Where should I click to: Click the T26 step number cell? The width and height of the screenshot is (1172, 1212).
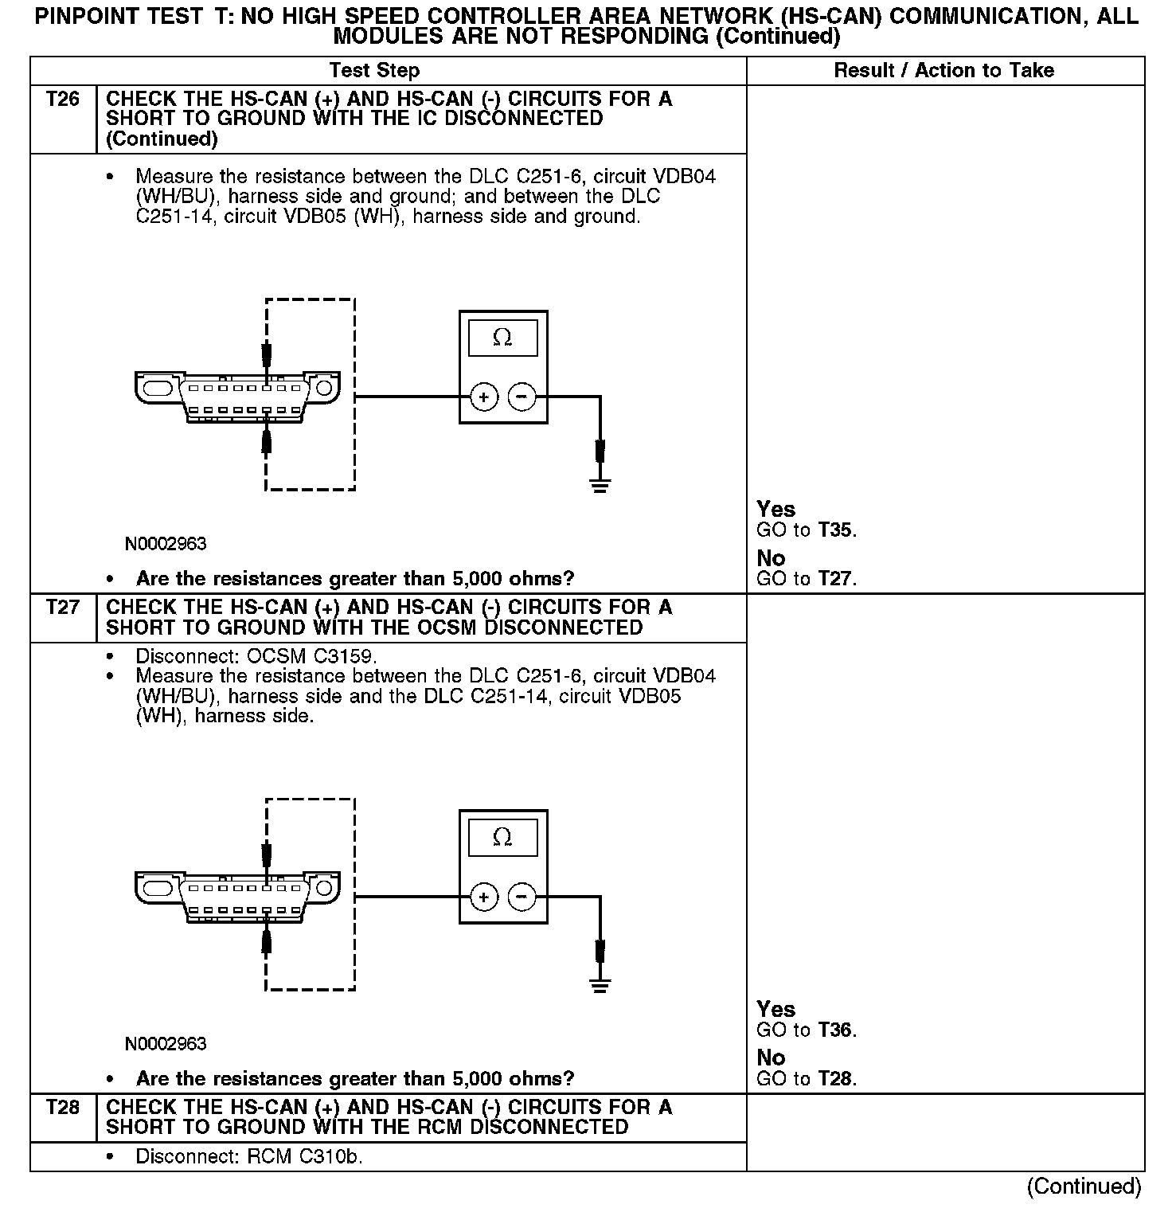pyautogui.click(x=63, y=100)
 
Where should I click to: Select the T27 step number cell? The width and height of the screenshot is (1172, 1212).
pyautogui.click(x=63, y=608)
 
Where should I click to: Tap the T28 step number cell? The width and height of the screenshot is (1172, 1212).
pyautogui.click(x=63, y=1108)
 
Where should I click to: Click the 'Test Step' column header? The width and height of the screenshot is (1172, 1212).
pyautogui.click(x=374, y=71)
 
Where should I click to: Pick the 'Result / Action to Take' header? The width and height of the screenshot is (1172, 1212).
pyautogui.click(x=943, y=71)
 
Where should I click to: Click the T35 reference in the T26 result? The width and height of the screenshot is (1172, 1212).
pyautogui.click(x=836, y=530)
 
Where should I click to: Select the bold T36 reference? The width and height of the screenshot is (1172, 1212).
pyautogui.click(x=836, y=1030)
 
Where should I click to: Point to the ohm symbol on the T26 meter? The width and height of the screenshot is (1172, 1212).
pyautogui.click(x=502, y=338)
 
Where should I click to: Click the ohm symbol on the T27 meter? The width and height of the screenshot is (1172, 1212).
pyautogui.click(x=502, y=838)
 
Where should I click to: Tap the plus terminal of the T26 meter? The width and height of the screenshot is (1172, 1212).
pyautogui.click(x=484, y=397)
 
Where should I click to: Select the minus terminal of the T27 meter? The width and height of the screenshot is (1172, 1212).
pyautogui.click(x=522, y=897)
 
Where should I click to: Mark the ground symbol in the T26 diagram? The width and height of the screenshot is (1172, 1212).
pyautogui.click(x=600, y=484)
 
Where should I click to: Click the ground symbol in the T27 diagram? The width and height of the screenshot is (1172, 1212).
pyautogui.click(x=600, y=985)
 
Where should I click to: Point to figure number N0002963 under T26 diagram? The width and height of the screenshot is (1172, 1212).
pyautogui.click(x=166, y=545)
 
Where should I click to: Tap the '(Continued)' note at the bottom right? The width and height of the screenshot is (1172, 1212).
pyautogui.click(x=1084, y=1187)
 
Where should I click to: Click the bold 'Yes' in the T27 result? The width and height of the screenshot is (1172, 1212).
pyautogui.click(x=775, y=1010)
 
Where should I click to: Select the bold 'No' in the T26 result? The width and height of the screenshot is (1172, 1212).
pyautogui.click(x=771, y=558)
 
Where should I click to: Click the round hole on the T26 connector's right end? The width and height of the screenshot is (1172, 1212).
pyautogui.click(x=323, y=389)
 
